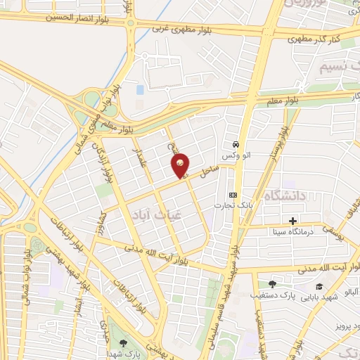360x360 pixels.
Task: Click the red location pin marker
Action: pos(181,166)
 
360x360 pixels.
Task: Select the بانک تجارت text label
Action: pos(233,205)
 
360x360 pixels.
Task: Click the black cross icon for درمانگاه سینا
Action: pos(273,221)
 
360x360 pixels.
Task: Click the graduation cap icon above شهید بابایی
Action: pos(319,286)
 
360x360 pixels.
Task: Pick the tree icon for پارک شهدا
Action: pos(124,343)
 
